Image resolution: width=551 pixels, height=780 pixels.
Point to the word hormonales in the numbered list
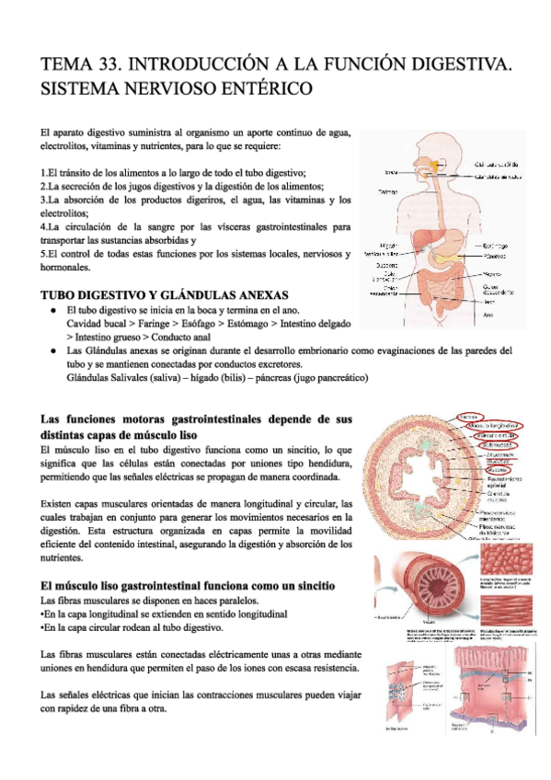[x=66, y=268]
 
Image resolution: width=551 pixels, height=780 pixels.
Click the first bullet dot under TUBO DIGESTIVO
[x=57, y=312]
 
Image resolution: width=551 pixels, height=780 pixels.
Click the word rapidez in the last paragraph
[x=73, y=708]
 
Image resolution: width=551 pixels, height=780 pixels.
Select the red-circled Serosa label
[x=473, y=414]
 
